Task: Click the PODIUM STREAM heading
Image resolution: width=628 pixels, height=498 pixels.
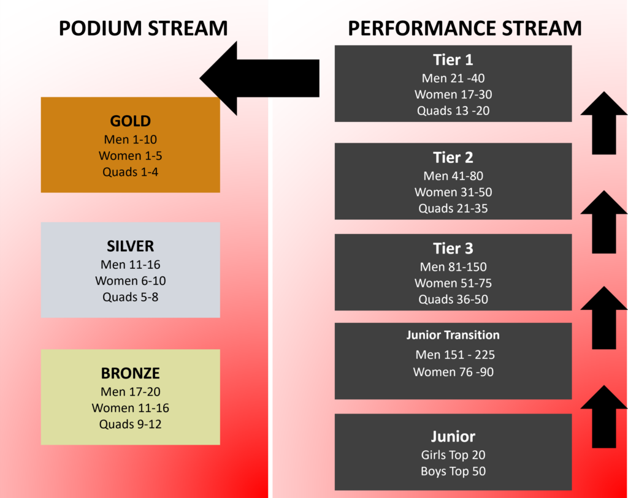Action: point(143,28)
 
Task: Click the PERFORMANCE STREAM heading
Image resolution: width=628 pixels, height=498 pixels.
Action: point(465,28)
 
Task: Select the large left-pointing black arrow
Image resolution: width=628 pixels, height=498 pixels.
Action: point(259,78)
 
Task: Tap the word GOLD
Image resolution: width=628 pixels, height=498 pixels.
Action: point(130,121)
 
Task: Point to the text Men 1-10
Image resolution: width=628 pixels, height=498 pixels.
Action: point(130,139)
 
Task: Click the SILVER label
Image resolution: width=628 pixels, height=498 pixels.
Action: point(130,246)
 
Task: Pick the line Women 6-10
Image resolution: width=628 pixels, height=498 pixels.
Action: point(130,281)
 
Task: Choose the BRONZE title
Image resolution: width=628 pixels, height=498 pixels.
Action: point(130,373)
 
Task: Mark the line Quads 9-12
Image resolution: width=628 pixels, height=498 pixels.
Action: point(130,424)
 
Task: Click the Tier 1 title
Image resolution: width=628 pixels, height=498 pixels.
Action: point(453,60)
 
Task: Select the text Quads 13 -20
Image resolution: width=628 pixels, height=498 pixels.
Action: point(453,110)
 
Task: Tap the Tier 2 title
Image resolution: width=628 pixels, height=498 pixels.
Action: point(453,157)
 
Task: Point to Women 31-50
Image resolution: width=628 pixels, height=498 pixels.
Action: point(453,192)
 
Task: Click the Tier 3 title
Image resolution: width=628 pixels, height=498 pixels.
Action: point(453,249)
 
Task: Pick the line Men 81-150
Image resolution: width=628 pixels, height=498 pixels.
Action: point(453,267)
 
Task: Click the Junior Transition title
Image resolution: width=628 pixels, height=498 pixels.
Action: point(453,335)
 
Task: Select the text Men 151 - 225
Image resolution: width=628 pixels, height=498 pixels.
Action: point(455,355)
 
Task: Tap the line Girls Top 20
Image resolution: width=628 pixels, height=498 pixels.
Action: point(453,455)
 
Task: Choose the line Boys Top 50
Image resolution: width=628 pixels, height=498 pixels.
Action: point(453,471)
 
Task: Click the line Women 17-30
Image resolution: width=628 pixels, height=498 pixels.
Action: point(453,94)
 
